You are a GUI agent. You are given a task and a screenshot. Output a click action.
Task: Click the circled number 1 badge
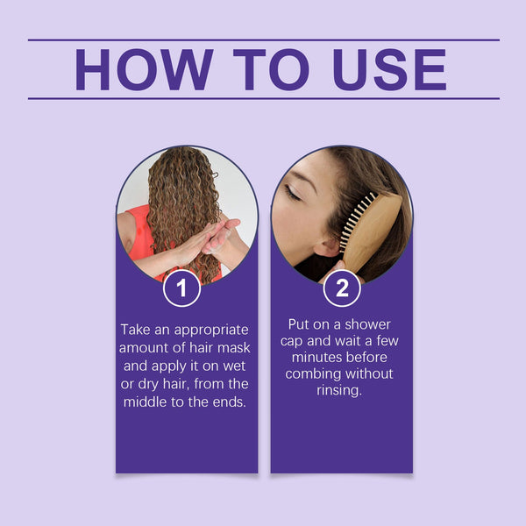coord(182,288)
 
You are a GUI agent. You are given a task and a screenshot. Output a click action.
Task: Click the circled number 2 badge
coord(341,288)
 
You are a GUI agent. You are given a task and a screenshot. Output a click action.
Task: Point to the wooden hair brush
coord(372,230)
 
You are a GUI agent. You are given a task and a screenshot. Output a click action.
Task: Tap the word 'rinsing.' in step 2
coord(341,390)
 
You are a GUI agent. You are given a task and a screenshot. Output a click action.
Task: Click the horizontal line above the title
coord(263,40)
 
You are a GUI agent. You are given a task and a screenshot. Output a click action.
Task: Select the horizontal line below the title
coord(263,98)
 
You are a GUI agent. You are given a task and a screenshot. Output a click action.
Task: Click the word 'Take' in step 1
coord(138,331)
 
